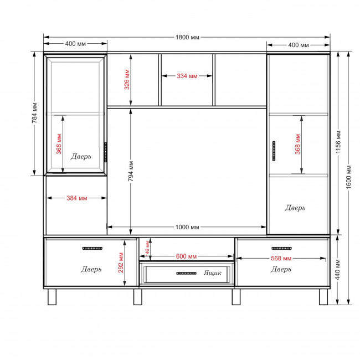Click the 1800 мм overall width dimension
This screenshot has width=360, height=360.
click(x=187, y=37)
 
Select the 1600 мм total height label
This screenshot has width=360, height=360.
click(x=348, y=177)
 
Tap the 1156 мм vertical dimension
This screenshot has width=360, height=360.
click(x=338, y=142)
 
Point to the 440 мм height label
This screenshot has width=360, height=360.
click(x=337, y=270)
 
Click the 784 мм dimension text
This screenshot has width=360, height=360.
click(x=34, y=113)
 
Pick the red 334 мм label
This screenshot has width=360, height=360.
click(x=187, y=76)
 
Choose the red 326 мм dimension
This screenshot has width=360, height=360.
click(x=127, y=79)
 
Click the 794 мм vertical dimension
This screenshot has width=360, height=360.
click(x=131, y=171)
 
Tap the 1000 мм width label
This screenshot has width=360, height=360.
click(x=187, y=227)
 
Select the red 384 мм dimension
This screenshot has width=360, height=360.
click(x=76, y=198)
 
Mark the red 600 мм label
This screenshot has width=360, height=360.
click(x=186, y=256)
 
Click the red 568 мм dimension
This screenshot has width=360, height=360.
click(x=281, y=258)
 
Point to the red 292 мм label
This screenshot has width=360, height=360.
click(x=121, y=263)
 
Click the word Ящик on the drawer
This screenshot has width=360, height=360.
click(x=212, y=272)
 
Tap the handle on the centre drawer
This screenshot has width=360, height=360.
click(x=187, y=273)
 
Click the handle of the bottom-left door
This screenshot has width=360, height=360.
click(x=92, y=249)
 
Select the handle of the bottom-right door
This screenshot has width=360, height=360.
click(x=281, y=249)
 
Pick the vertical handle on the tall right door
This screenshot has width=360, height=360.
click(x=274, y=151)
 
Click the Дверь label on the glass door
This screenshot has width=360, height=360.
click(x=81, y=157)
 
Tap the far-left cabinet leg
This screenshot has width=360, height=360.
click(x=52, y=297)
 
